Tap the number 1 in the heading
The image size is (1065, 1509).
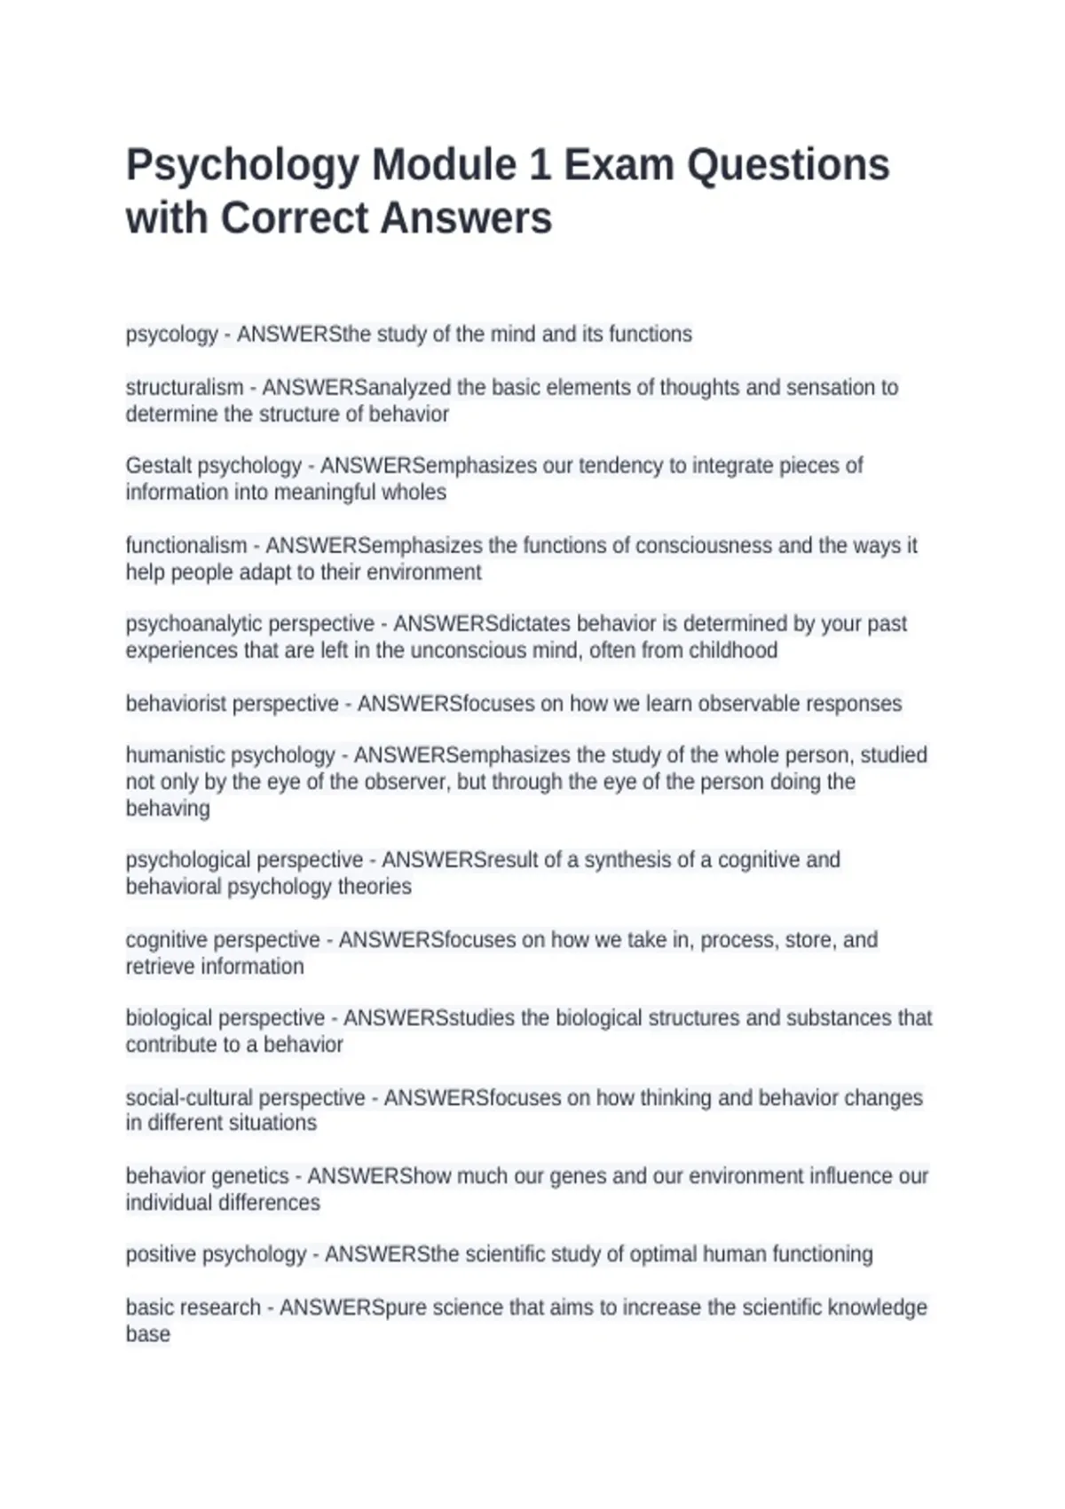tap(540, 166)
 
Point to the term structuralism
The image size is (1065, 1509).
tap(184, 388)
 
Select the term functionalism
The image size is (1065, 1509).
tap(185, 545)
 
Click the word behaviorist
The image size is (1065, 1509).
tap(177, 704)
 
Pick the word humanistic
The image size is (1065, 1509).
tap(175, 755)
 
